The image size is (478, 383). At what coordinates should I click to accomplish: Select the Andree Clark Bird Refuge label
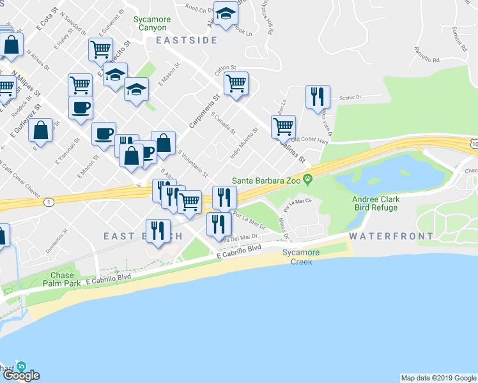click(376, 203)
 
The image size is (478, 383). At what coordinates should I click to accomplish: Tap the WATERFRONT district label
click(391, 236)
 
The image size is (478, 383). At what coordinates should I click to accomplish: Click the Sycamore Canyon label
click(152, 24)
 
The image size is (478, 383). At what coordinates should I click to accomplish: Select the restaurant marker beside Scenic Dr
click(318, 96)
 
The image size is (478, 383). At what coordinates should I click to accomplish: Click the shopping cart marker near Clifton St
click(236, 83)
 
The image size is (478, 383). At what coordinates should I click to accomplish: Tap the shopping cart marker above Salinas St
click(283, 125)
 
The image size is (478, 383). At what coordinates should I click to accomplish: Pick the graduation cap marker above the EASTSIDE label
click(225, 13)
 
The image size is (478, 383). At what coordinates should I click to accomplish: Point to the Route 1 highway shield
click(48, 202)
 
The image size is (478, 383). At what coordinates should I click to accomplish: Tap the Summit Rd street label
click(458, 38)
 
